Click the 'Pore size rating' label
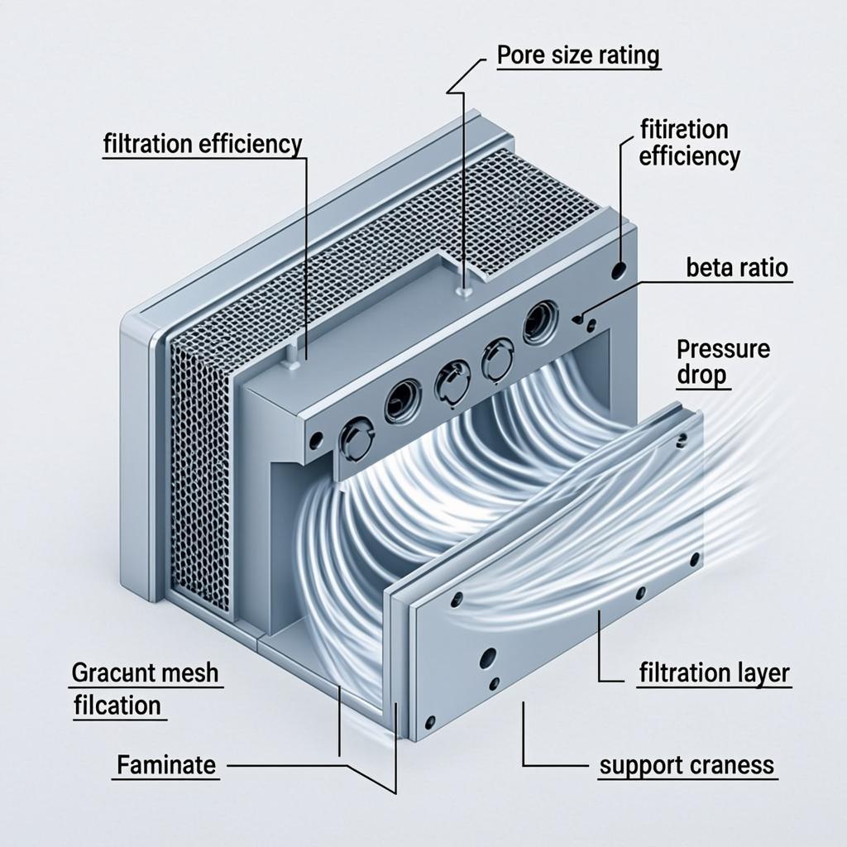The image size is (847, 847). click(578, 55)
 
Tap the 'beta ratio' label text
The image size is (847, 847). click(736, 268)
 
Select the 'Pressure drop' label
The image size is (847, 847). click(722, 361)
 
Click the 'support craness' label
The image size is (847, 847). click(687, 765)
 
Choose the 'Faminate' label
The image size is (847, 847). click(166, 765)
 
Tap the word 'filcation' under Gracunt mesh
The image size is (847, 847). click(117, 706)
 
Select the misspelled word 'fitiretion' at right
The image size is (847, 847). click(684, 131)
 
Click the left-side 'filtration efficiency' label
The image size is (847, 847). click(203, 144)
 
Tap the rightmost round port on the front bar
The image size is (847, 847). click(540, 322)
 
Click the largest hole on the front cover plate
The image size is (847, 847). click(488, 658)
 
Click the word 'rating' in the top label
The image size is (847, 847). click(629, 55)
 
